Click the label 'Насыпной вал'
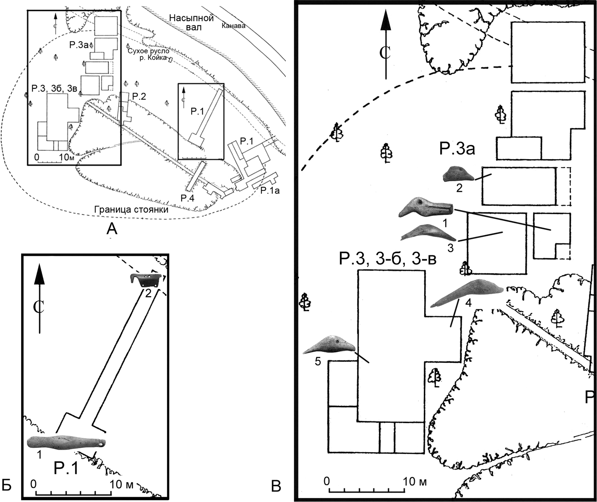coord(191,22)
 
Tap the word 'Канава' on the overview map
coord(233,26)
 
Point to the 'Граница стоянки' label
coord(131,210)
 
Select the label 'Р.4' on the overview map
coord(188,198)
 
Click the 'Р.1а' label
coord(270,190)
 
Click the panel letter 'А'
coord(112,228)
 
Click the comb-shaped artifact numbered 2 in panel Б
coord(146,280)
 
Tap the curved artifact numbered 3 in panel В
coord(428,233)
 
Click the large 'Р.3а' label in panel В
coord(457,149)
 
